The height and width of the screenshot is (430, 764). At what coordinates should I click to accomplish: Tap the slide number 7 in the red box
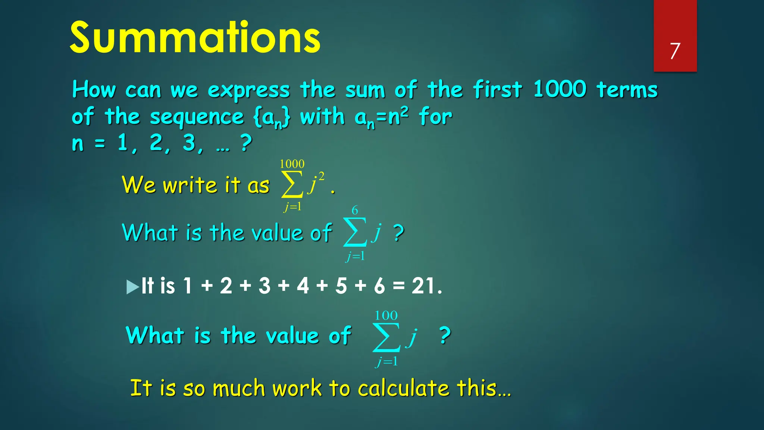pos(675,51)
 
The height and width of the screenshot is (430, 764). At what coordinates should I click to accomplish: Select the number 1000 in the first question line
pos(560,90)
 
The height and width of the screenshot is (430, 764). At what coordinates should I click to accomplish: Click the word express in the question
pos(248,91)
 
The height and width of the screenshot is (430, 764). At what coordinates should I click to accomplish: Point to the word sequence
pos(197,118)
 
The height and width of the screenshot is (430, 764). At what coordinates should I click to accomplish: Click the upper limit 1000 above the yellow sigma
pos(292,164)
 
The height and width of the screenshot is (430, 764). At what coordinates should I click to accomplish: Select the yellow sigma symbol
pos(292,184)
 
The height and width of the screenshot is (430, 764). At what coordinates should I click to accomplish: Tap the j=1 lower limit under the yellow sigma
pos(292,206)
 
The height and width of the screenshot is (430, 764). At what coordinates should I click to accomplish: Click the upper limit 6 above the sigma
pos(355,211)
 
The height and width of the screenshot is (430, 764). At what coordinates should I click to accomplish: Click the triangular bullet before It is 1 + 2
pos(132,287)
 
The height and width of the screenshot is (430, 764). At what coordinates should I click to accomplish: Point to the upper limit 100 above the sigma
pos(386,316)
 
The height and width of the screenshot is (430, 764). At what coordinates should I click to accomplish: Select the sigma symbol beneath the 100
pos(386,337)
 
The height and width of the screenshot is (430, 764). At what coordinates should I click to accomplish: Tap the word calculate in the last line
pos(404,388)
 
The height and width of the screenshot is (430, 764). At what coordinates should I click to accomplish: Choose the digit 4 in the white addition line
pos(303,286)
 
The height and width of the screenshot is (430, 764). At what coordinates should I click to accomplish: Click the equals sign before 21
pos(398,286)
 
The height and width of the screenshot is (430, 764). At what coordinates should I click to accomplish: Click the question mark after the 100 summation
pos(444,335)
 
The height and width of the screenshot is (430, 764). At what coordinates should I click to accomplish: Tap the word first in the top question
pos(497,90)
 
